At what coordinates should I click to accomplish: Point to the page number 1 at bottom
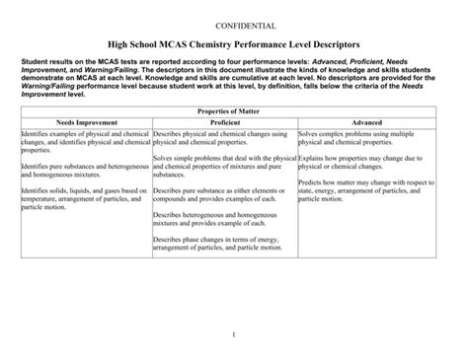pyautogui.click(x=234, y=335)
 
